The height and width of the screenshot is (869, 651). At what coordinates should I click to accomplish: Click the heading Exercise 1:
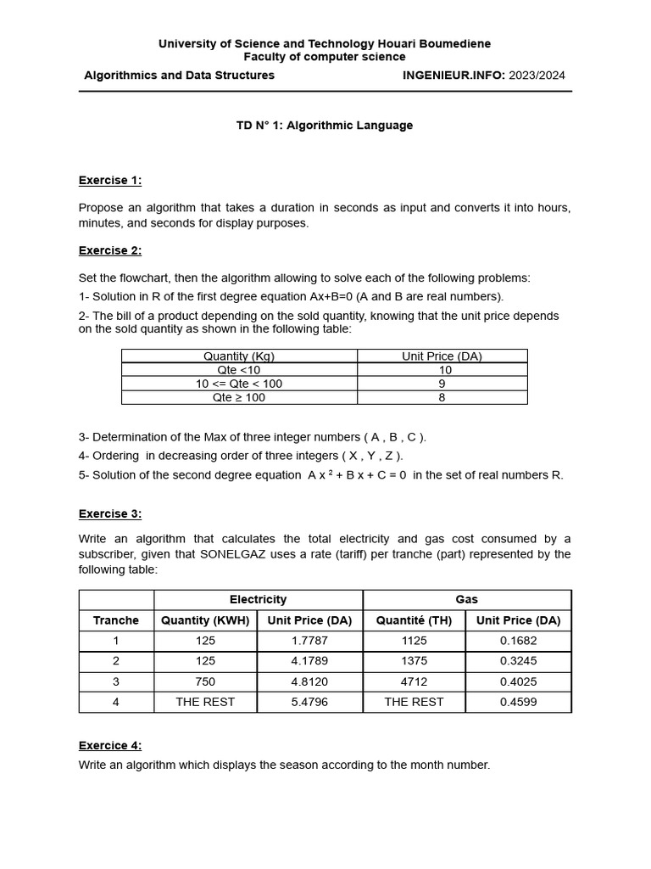[x=110, y=180]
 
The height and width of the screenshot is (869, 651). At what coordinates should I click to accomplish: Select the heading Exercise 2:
[x=110, y=250]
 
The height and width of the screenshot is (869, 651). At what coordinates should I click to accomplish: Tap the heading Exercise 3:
[x=110, y=513]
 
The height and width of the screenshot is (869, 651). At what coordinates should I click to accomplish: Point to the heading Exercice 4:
[x=110, y=745]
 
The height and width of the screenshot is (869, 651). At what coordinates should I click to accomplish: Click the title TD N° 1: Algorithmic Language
[x=325, y=126]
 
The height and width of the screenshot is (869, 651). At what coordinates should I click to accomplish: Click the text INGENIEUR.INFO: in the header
[x=453, y=75]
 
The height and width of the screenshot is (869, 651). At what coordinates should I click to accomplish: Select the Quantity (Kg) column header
[x=239, y=356]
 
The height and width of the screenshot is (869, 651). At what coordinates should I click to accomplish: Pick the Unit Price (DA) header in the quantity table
[x=442, y=356]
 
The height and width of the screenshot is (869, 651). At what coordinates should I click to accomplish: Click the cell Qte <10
[x=239, y=370]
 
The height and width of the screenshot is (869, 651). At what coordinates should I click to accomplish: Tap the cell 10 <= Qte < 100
[x=239, y=384]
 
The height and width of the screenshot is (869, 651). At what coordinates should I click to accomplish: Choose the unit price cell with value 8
[x=442, y=397]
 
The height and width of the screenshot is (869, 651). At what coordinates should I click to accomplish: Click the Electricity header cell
[x=259, y=599]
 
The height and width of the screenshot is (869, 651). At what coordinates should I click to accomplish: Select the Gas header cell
[x=467, y=599]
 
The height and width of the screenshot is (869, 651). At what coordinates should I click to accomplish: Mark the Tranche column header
[x=116, y=620]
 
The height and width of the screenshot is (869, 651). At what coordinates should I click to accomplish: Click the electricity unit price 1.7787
[x=309, y=641]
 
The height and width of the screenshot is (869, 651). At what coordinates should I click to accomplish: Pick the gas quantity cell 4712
[x=414, y=681]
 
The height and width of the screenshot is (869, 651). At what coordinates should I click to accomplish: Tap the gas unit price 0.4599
[x=518, y=702]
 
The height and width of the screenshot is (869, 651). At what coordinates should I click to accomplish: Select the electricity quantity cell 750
[x=205, y=681]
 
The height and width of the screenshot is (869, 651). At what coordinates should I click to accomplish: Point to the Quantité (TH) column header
[x=414, y=620]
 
